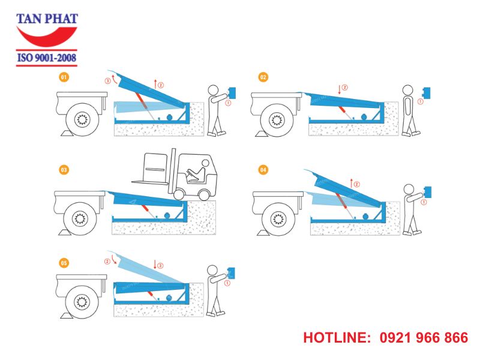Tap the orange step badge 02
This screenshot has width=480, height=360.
[263, 77]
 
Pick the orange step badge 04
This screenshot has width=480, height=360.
[263, 170]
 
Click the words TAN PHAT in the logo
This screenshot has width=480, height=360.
[47, 19]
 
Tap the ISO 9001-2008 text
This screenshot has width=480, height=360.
[47, 58]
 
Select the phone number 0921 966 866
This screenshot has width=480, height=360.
[424, 338]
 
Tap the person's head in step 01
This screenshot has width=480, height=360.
[213, 91]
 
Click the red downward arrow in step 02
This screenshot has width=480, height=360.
[339, 90]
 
